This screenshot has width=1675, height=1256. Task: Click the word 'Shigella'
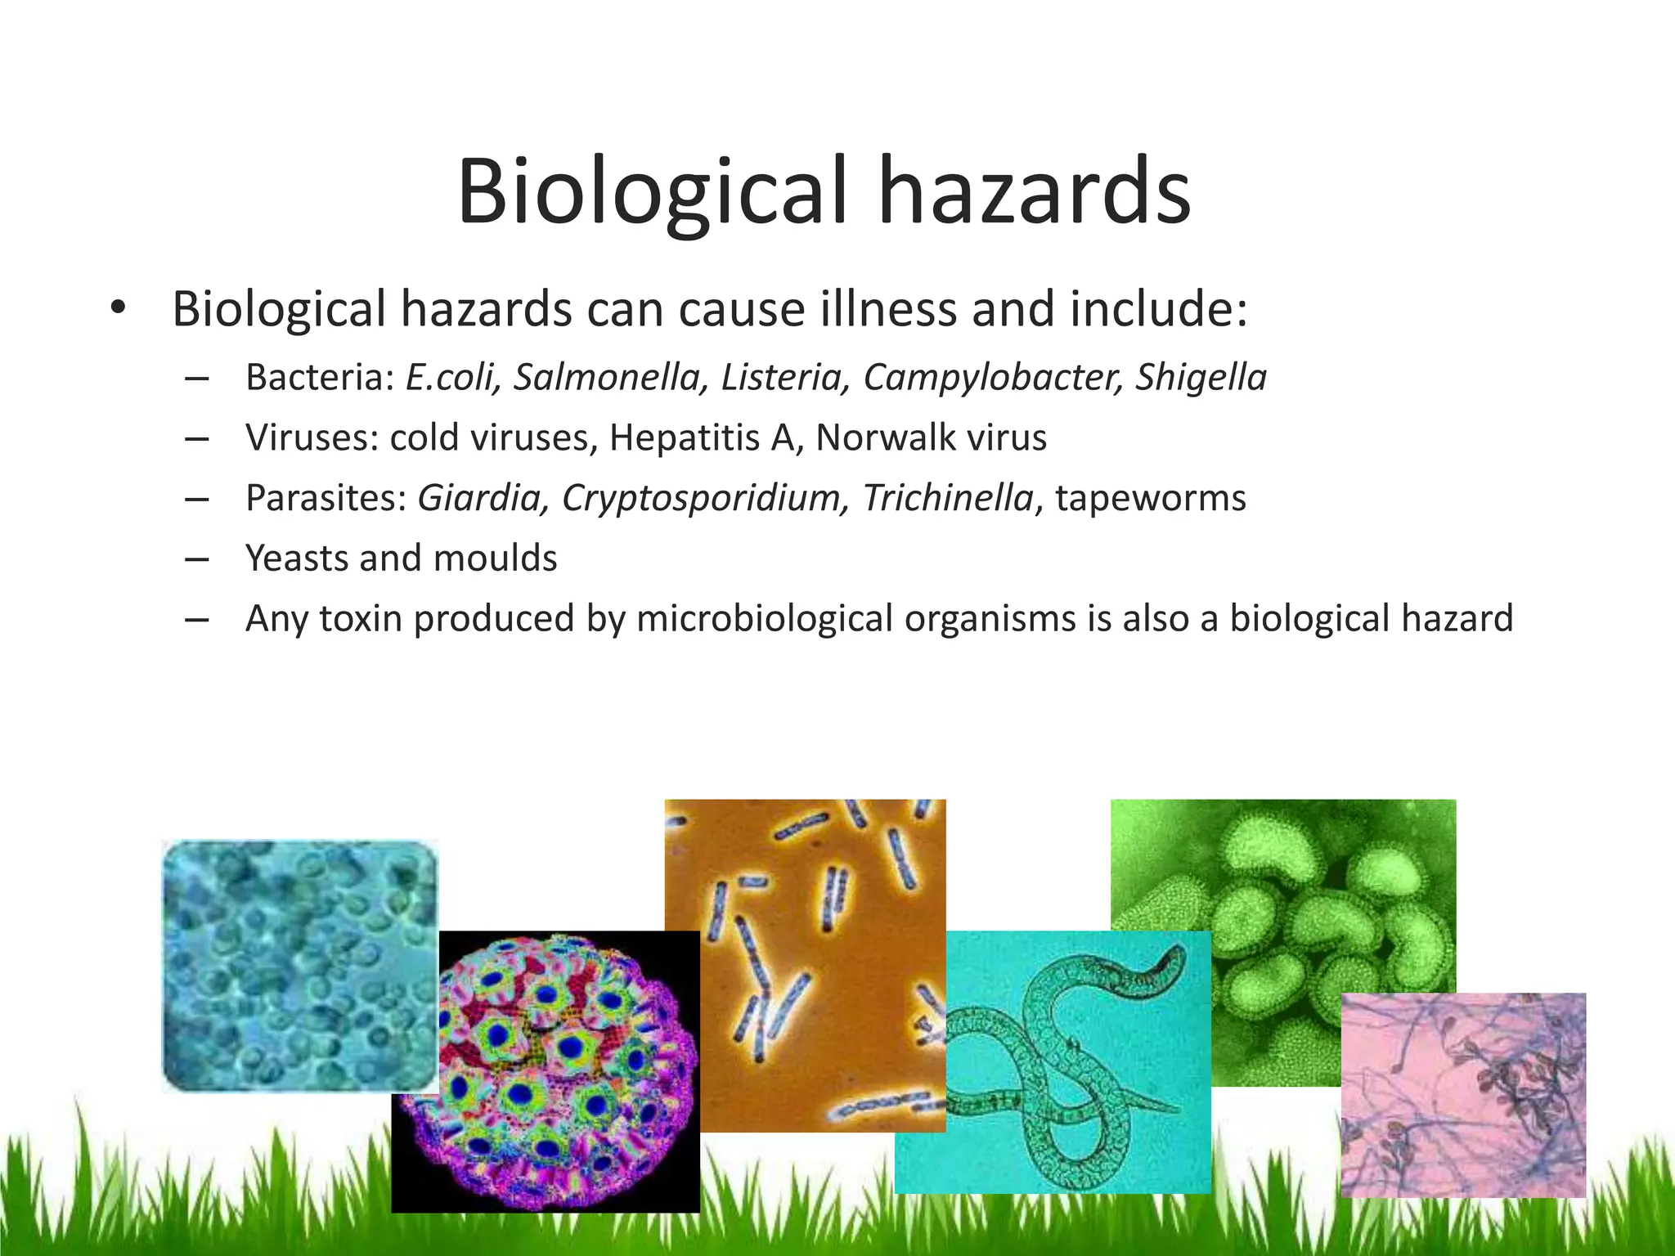pos(1201,378)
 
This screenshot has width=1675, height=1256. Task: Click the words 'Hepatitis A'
pos(702,437)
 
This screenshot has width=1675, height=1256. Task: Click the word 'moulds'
pos(495,558)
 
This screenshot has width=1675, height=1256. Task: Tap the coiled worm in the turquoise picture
pos(1063,1055)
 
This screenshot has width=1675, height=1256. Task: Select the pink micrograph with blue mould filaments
pos(1463,1096)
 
